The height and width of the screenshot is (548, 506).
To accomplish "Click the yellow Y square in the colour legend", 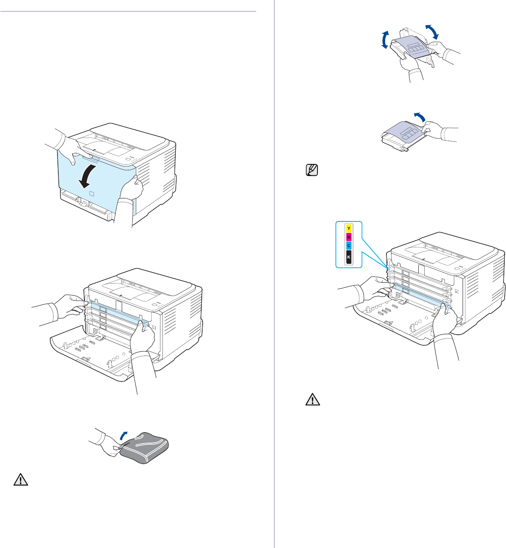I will (349, 229).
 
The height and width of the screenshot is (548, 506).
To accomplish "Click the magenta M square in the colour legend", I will (349, 237).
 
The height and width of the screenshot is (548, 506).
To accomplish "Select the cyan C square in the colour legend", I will (349, 246).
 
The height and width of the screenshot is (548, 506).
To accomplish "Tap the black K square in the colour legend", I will (349, 257).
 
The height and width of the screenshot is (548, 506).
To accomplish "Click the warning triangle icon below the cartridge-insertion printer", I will (312, 401).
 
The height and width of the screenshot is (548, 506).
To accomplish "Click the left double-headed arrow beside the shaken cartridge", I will (384, 40).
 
